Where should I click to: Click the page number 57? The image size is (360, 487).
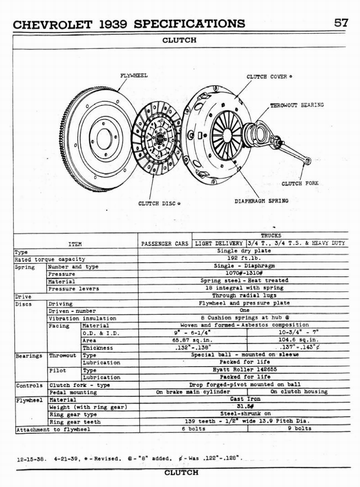[341, 23]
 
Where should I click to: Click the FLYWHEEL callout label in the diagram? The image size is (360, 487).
[134, 75]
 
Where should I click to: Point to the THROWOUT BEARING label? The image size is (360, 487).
[297, 105]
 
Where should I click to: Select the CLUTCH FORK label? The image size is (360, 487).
[300, 183]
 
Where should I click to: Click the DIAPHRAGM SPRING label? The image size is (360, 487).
[261, 201]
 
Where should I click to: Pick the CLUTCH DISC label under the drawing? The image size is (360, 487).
[159, 204]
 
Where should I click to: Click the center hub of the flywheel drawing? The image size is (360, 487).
[104, 138]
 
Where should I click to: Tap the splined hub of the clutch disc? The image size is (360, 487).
[160, 138]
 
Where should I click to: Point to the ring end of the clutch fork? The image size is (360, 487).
[307, 161]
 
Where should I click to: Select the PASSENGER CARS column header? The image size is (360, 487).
[165, 243]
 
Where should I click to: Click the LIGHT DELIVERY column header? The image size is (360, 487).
[219, 243]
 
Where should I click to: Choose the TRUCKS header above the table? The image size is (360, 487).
[271, 235]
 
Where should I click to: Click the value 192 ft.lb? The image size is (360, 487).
[243, 259]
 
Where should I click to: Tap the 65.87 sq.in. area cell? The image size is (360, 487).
[192, 341]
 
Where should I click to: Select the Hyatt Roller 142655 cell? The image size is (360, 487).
[244, 370]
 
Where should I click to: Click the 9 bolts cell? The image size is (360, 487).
[299, 429]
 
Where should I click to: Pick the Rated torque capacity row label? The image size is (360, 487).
[50, 259]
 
